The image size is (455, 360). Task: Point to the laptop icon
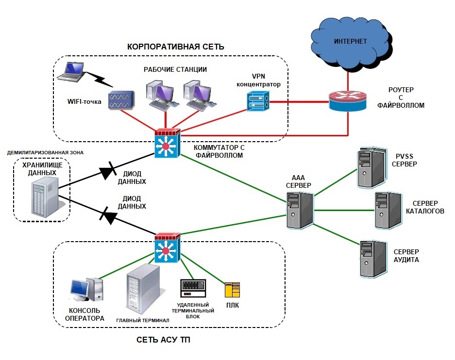[x=71, y=72]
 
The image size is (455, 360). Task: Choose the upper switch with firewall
[x=167, y=144]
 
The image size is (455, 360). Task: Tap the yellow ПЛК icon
[x=232, y=290]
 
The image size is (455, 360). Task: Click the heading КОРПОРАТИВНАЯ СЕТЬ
[x=175, y=47]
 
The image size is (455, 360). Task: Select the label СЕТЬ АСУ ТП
[x=164, y=341]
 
